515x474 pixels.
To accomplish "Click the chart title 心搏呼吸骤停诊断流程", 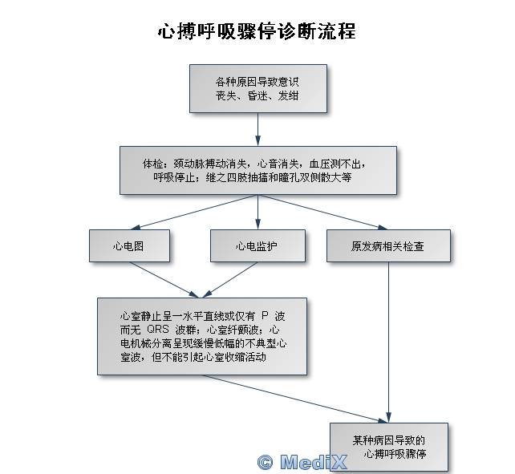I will coord(257,32).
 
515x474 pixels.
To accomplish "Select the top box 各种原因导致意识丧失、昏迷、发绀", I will coord(257,88).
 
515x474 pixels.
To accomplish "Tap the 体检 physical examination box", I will coord(257,170).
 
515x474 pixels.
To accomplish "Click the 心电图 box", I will coord(129,245).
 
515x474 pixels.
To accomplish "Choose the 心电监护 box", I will coord(257,245).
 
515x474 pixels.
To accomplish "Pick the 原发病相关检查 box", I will coord(388,245).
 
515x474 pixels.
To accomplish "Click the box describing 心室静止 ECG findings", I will coord(201,336).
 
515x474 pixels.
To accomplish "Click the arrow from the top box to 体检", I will coord(257,128).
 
